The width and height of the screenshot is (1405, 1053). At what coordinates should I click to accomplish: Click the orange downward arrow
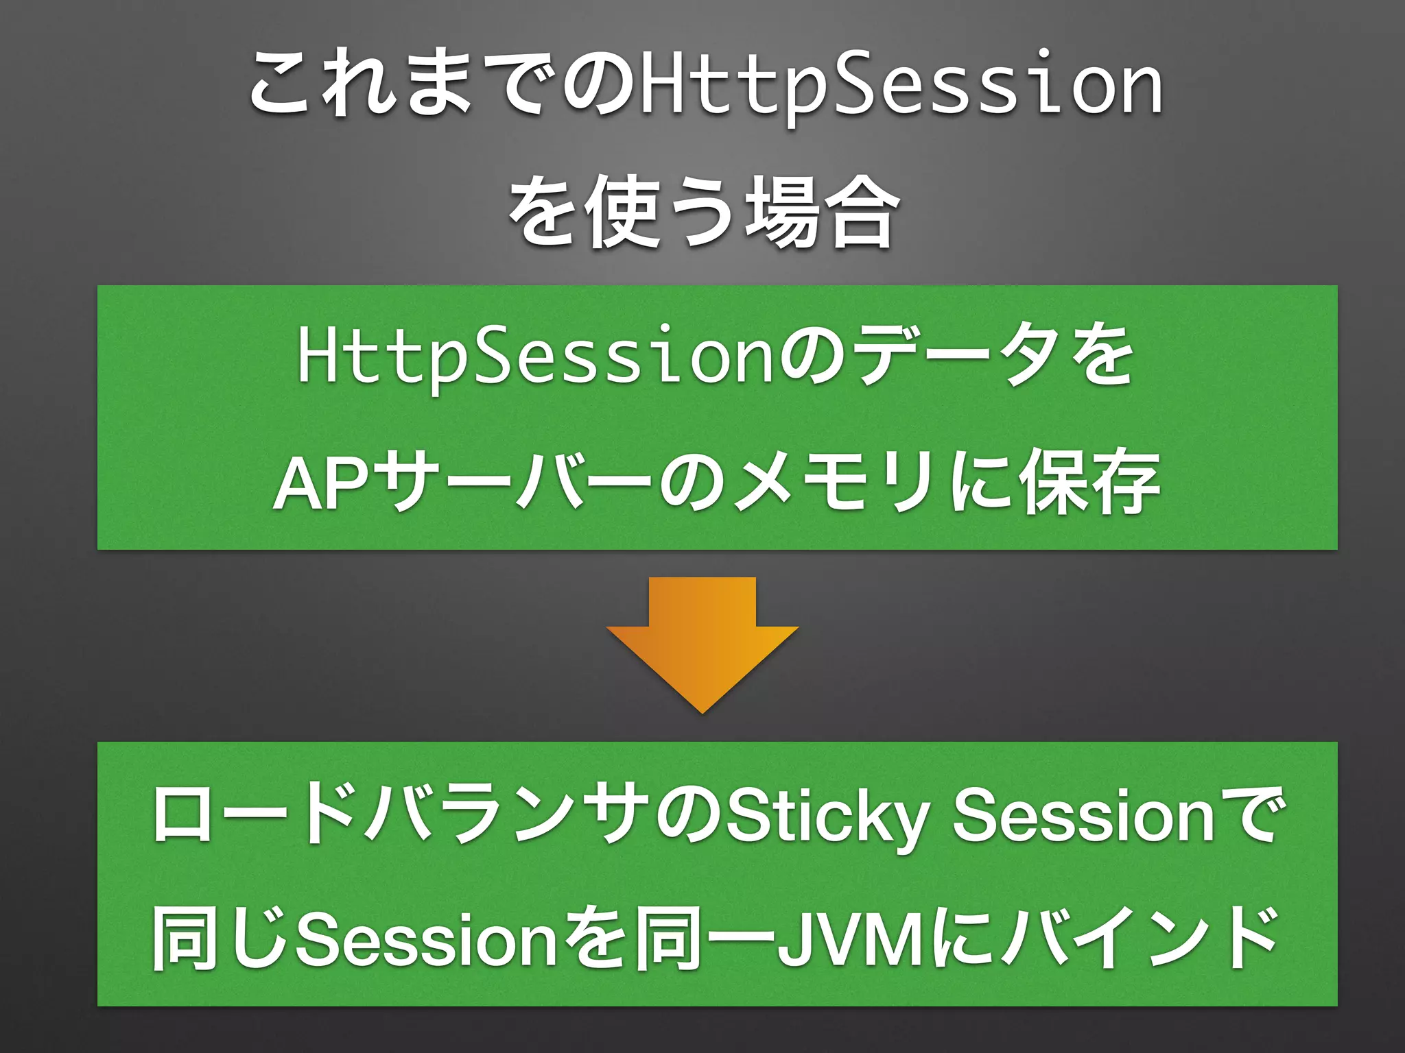point(702,641)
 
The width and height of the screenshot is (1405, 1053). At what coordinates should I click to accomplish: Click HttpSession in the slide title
point(901,85)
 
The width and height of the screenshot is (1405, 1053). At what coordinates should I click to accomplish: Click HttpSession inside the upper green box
point(535,356)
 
